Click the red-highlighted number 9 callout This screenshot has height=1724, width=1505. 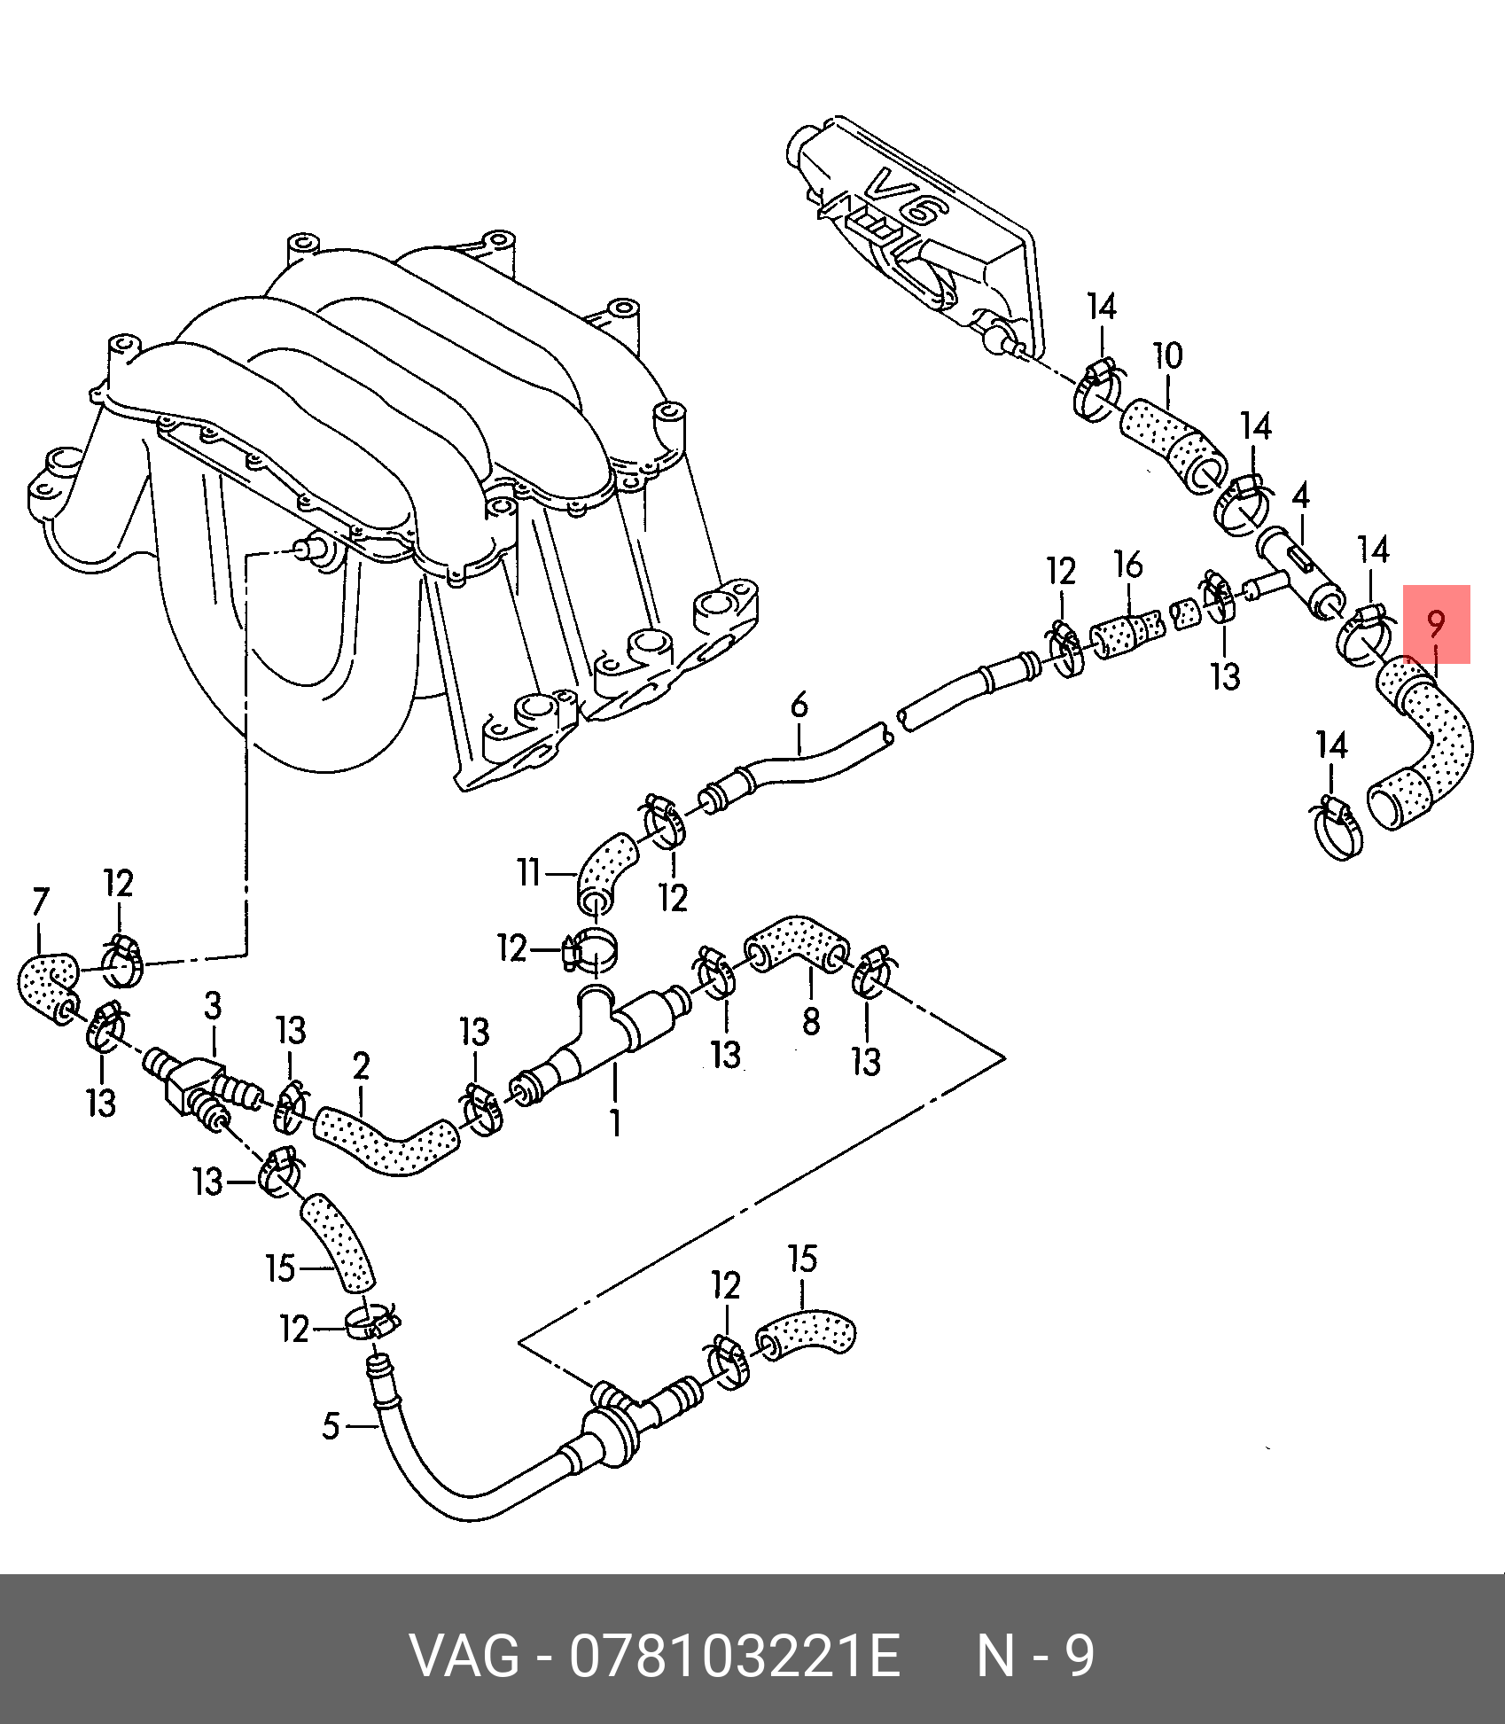1436,624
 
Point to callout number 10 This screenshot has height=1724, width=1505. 1167,356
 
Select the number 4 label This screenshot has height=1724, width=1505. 1300,495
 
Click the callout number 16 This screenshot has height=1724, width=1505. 1128,565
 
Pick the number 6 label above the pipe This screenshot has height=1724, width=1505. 799,706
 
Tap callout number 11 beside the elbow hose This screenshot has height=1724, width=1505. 529,873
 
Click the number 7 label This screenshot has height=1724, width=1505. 40,902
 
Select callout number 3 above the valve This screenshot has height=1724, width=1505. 213,1006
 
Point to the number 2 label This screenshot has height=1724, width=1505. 361,1066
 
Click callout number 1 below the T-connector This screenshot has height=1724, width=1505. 615,1123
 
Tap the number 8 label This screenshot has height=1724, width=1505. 811,1022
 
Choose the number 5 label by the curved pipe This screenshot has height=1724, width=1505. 331,1426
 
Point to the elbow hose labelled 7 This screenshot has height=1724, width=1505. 47,984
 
